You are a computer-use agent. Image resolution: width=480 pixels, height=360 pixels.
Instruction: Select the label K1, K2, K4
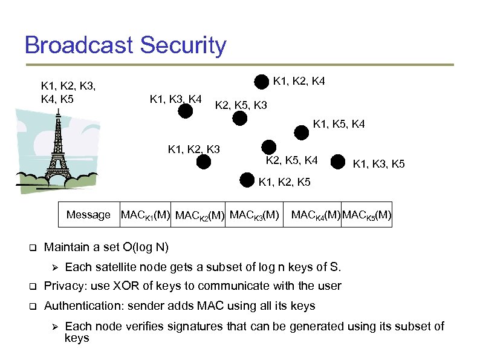pos(299,80)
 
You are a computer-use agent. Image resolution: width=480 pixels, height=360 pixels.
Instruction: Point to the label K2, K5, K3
pos(241,106)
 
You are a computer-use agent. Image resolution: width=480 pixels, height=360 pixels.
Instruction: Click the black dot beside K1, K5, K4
pos(300,132)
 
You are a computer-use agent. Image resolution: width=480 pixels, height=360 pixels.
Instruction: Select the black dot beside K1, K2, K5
pos(247,179)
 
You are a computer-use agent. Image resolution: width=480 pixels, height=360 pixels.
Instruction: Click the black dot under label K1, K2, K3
pos(204,162)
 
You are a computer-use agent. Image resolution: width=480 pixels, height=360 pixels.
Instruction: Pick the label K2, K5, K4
pos(292,160)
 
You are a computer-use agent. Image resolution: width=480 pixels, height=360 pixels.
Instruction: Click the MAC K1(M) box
pos(145,215)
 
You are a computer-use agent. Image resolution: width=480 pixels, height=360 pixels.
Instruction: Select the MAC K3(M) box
pos(255,215)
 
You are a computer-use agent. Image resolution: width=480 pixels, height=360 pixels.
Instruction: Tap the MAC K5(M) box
pos(367,215)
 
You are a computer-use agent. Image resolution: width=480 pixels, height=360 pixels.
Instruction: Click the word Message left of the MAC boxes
pos(88,215)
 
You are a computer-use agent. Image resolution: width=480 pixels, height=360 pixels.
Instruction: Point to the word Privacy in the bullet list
pos(63,286)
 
